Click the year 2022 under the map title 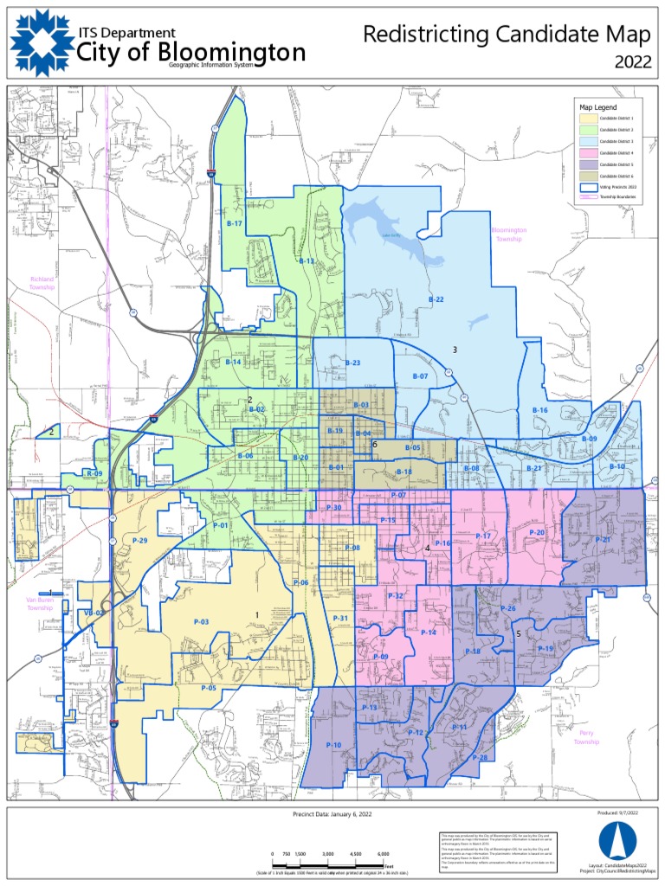point(633,61)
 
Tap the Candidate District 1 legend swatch point(587,118)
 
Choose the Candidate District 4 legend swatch point(587,152)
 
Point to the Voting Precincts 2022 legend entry point(613,186)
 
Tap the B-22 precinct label point(436,299)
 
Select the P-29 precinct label point(141,540)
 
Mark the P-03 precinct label point(201,622)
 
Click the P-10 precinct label point(333,745)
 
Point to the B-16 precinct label point(539,409)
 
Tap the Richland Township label point(42,284)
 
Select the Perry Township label point(586,737)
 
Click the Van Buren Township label point(40,604)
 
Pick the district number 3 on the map point(454,349)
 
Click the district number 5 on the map point(518,633)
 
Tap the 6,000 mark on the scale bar point(383,854)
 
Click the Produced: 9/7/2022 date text point(617,814)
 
